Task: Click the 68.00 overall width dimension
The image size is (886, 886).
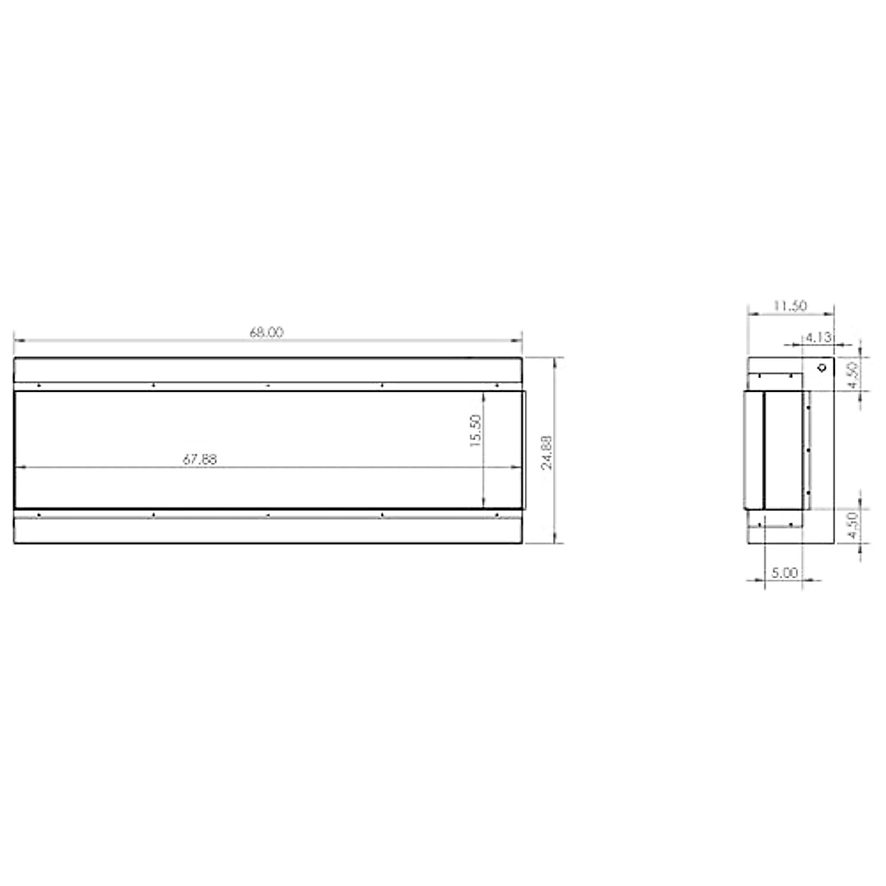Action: [x=267, y=332]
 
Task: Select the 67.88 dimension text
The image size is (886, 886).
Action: [x=199, y=459]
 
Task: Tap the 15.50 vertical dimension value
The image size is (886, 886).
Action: [x=475, y=430]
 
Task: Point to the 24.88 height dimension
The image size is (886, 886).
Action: [x=546, y=452]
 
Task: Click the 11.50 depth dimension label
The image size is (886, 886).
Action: [x=789, y=306]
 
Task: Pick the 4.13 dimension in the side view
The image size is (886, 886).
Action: [x=819, y=337]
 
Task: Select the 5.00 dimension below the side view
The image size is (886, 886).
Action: [x=784, y=573]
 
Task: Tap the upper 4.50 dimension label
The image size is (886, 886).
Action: [x=854, y=375]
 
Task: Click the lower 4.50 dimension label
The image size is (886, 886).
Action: [x=854, y=526]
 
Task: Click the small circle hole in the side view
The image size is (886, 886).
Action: [x=822, y=368]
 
